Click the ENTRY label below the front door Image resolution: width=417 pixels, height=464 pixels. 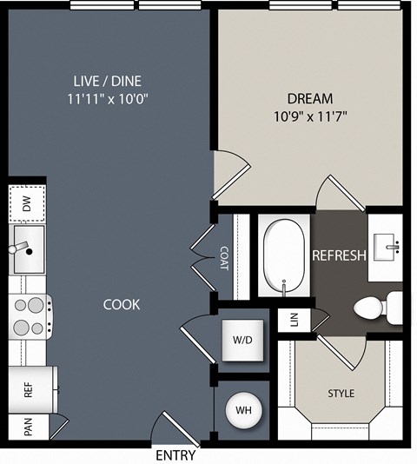coord(175,454)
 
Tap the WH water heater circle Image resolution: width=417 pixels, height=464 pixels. coord(243,410)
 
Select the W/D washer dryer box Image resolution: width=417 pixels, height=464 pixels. coord(242,340)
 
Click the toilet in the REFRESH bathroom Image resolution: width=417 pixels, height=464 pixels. coord(378,308)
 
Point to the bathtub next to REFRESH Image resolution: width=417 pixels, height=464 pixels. coord(284,255)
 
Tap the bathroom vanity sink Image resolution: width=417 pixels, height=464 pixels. coord(384,247)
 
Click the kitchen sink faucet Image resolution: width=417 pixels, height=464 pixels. coord(20,248)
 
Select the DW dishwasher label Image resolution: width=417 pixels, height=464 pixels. coord(27,204)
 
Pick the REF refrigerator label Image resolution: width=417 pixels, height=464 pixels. coord(28,390)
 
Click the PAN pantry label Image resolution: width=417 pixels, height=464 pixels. coord(28,427)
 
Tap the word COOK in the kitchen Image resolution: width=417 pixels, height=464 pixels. coord(122,305)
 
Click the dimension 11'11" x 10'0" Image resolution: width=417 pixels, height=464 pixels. coord(108,99)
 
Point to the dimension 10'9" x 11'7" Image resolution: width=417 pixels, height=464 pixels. coord(310,116)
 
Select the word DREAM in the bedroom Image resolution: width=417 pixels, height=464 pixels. coord(310,98)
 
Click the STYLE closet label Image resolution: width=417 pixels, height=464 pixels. coord(341,394)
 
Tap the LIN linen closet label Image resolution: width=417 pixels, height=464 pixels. coord(295,320)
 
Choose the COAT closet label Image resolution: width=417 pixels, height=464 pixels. coord(224,258)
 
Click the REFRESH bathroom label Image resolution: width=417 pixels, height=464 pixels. coord(340,255)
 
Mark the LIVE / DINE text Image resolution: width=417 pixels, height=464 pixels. coord(108,81)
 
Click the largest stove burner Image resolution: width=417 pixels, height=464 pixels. coord(36,305)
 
